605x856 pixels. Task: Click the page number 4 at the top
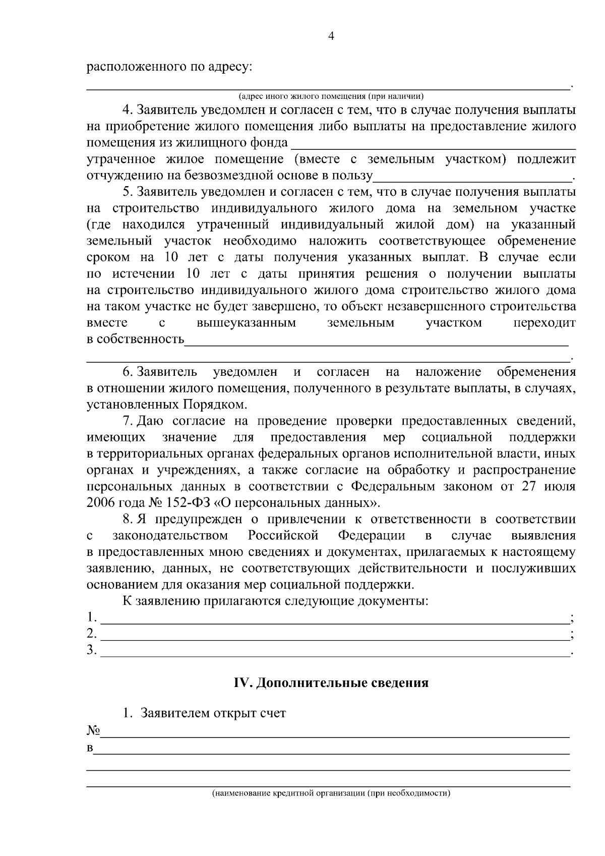click(x=331, y=36)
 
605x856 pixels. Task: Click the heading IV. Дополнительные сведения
click(x=331, y=683)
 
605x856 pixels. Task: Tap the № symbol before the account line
click(x=93, y=730)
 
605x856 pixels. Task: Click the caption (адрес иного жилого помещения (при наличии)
click(x=331, y=96)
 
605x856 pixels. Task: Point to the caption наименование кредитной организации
click(x=331, y=793)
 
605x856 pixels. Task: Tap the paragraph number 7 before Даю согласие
click(x=127, y=421)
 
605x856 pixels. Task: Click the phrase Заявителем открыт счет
click(x=213, y=713)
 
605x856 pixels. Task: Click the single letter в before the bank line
click(x=90, y=748)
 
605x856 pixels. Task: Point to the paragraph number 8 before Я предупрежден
click(x=127, y=519)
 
